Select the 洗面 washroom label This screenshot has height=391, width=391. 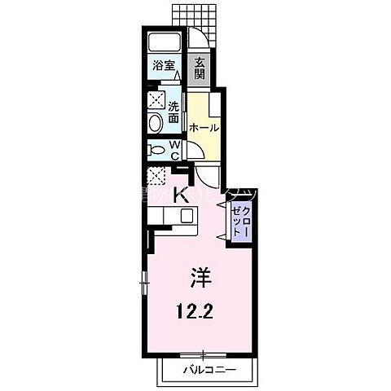(x=174, y=112)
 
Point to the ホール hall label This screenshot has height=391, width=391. (x=204, y=128)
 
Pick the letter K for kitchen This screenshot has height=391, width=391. (x=182, y=195)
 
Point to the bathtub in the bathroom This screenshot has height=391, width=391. (x=168, y=42)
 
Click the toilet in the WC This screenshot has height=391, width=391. (x=156, y=150)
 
